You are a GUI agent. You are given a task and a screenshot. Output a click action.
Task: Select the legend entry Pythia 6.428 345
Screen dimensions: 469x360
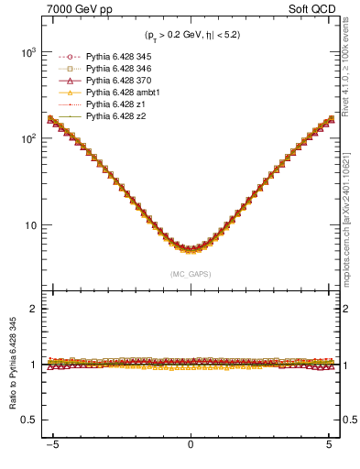click(117, 57)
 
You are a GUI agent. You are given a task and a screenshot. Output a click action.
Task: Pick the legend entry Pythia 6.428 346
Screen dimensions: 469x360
click(117, 69)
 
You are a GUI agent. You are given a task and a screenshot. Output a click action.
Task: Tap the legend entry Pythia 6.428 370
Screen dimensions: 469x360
click(117, 81)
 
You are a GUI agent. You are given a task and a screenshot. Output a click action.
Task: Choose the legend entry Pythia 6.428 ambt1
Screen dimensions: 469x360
click(120, 93)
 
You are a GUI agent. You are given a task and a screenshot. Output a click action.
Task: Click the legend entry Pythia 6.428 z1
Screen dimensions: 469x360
click(114, 104)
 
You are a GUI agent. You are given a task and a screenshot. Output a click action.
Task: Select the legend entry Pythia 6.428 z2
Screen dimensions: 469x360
click(114, 116)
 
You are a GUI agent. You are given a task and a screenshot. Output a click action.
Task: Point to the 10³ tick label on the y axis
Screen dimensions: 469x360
click(30, 53)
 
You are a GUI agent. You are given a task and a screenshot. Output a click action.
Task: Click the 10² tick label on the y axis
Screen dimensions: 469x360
click(30, 139)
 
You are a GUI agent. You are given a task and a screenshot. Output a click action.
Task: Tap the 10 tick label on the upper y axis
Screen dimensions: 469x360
click(33, 225)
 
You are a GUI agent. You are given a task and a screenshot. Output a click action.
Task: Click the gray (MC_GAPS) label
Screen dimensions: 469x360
click(191, 273)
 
